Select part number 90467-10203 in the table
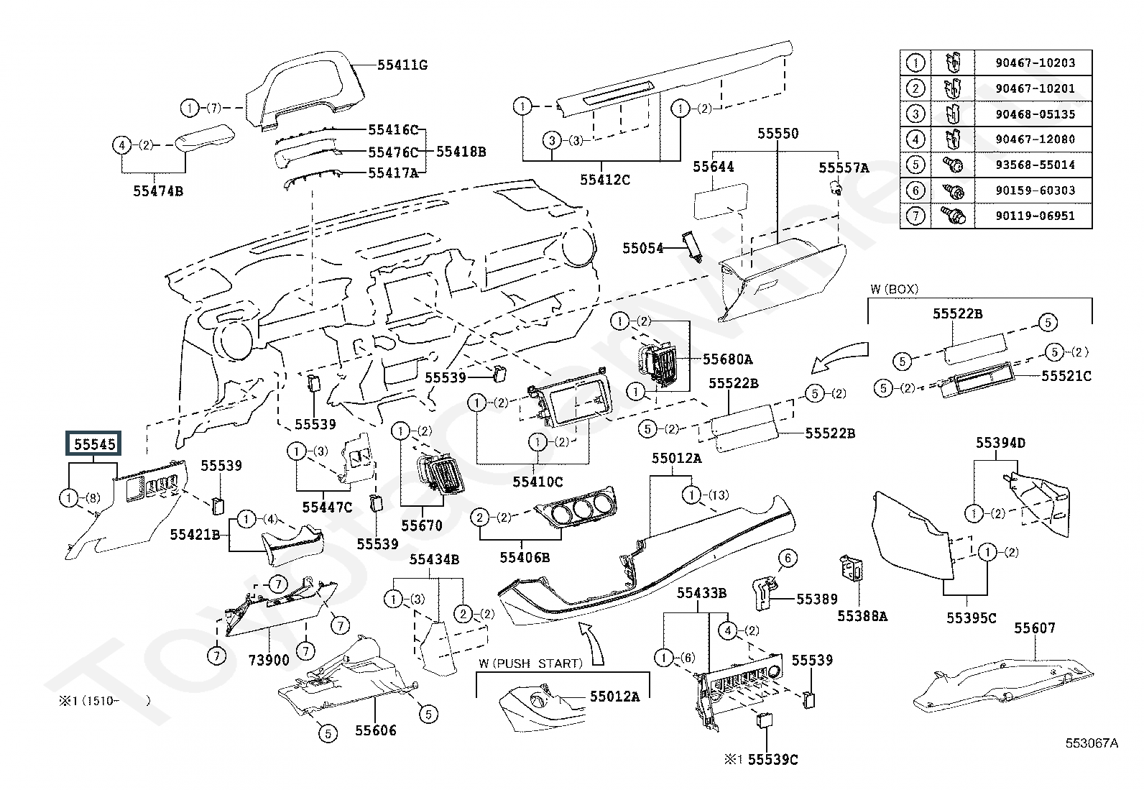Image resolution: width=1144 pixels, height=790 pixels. pyautogui.click(x=1035, y=63)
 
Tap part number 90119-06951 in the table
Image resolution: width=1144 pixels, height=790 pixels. pyautogui.click(x=1035, y=216)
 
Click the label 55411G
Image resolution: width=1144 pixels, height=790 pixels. pyautogui.click(x=402, y=65)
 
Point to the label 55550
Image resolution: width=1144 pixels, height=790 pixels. pyautogui.click(x=778, y=134)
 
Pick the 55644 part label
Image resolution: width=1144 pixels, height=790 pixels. pyautogui.click(x=713, y=167)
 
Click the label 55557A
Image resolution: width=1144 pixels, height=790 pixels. pyautogui.click(x=844, y=168)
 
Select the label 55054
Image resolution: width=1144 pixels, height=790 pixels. pyautogui.click(x=643, y=248)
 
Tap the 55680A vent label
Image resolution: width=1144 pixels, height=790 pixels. pyautogui.click(x=727, y=359)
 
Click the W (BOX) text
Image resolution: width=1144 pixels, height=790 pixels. pyautogui.click(x=894, y=289)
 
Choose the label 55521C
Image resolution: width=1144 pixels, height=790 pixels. pyautogui.click(x=1066, y=375)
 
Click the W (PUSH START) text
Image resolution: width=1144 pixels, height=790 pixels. pyautogui.click(x=530, y=663)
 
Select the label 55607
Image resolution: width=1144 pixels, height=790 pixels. pyautogui.click(x=1035, y=628)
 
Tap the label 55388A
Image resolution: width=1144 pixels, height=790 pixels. pyautogui.click(x=862, y=616)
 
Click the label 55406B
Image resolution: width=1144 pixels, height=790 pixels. pyautogui.click(x=525, y=557)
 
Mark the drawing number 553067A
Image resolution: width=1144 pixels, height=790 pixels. pyautogui.click(x=1092, y=743)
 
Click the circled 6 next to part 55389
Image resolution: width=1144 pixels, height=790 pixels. pyautogui.click(x=787, y=558)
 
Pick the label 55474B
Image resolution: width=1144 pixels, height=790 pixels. pyautogui.click(x=158, y=190)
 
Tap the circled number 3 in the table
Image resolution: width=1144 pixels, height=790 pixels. pyautogui.click(x=915, y=114)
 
